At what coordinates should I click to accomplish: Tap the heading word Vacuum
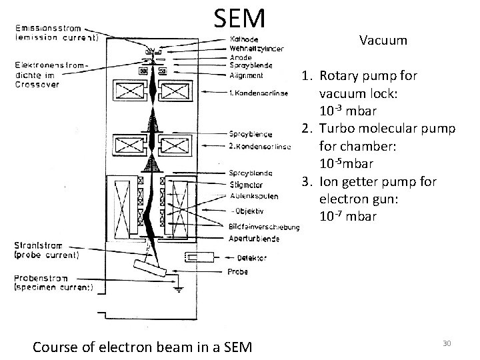point(383,41)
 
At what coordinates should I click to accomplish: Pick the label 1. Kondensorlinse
point(257,93)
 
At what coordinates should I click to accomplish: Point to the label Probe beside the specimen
point(237,272)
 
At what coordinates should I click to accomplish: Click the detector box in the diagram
point(199,257)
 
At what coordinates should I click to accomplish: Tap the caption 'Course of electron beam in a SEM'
point(142,346)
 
